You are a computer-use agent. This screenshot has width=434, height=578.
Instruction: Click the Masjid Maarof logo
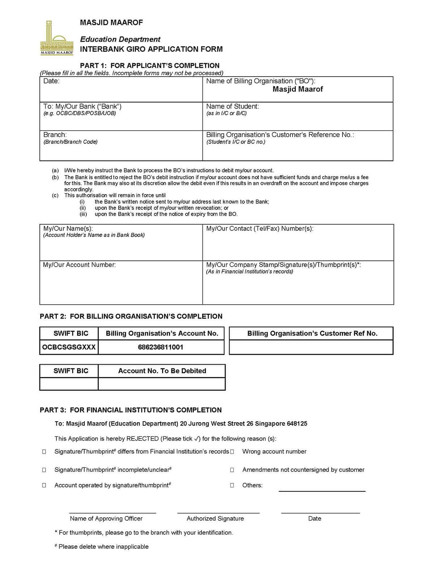(57, 38)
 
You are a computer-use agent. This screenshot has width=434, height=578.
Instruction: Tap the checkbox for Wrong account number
(232, 452)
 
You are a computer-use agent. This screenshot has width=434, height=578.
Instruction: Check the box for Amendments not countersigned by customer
(232, 470)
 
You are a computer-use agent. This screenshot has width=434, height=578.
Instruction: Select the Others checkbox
(232, 485)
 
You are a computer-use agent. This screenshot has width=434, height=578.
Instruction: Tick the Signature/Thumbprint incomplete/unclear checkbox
(44, 470)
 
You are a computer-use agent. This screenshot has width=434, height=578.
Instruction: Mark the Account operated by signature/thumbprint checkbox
(44, 485)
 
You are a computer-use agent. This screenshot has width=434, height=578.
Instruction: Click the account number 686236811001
(161, 347)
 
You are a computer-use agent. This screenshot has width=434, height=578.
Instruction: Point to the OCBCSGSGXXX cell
(69, 347)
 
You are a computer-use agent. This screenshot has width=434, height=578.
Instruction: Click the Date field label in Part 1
(51, 81)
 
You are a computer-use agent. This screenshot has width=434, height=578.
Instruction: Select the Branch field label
(55, 135)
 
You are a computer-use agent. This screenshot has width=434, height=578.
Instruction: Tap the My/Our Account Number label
(80, 265)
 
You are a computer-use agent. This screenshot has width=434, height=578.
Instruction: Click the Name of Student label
(232, 106)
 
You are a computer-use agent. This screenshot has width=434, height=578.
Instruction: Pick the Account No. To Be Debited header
(162, 371)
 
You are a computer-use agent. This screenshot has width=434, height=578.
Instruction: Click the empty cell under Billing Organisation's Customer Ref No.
(311, 347)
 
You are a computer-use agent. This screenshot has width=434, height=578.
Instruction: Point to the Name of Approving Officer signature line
(112, 512)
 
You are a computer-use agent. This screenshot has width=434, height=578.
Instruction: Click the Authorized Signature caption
(215, 518)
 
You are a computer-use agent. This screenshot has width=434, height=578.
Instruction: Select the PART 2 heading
(131, 316)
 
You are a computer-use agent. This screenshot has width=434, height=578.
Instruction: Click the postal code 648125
(297, 423)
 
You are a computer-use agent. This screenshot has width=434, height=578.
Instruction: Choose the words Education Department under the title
(120, 39)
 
